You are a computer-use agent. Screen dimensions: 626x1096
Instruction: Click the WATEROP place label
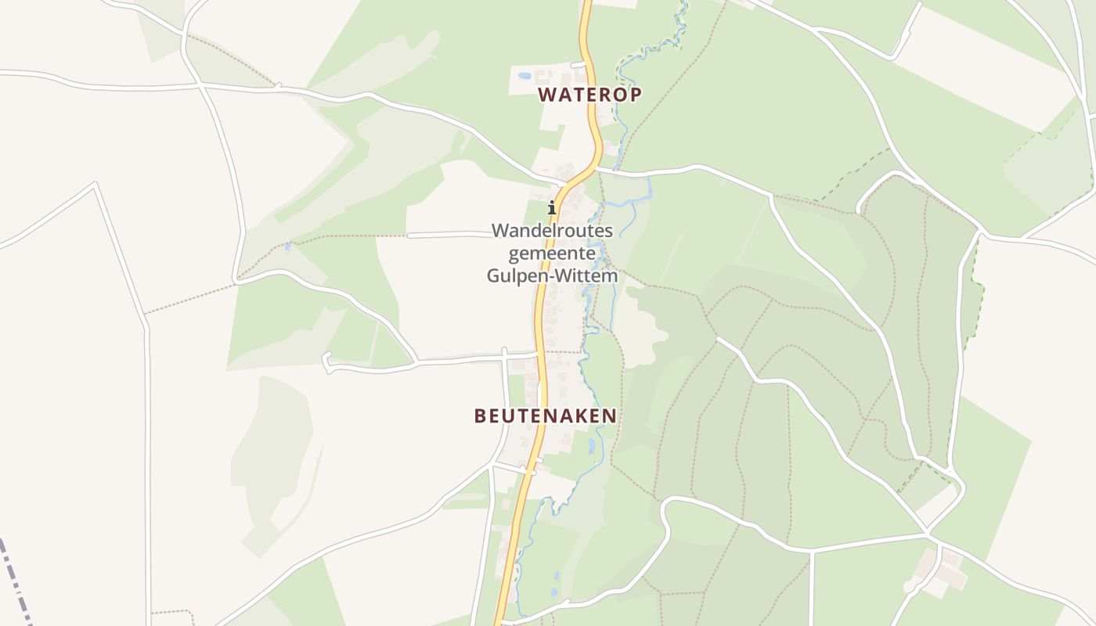[x=590, y=95]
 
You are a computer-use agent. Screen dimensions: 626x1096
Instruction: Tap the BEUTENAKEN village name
[x=546, y=416]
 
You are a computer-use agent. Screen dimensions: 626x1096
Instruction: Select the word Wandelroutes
[x=552, y=231]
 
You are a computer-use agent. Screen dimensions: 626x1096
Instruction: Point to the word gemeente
[x=552, y=254]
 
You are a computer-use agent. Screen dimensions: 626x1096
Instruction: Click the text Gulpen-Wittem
[x=552, y=275]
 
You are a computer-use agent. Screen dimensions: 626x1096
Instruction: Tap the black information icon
[x=552, y=207]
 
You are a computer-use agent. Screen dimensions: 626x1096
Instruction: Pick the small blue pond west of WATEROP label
[x=524, y=76]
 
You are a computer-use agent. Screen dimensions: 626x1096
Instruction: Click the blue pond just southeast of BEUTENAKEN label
[x=591, y=446]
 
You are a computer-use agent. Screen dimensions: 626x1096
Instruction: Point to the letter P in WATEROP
[x=636, y=95]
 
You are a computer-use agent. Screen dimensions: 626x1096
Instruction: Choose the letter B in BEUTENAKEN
[x=480, y=416]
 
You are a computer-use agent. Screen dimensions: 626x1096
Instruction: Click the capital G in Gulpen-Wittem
[x=494, y=275]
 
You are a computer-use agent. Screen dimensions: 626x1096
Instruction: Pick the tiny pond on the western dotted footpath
[x=289, y=246]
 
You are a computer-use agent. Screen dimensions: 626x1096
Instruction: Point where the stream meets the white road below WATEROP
[x=616, y=168]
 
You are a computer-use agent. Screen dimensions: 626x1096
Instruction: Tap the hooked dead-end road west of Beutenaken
[x=330, y=361]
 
